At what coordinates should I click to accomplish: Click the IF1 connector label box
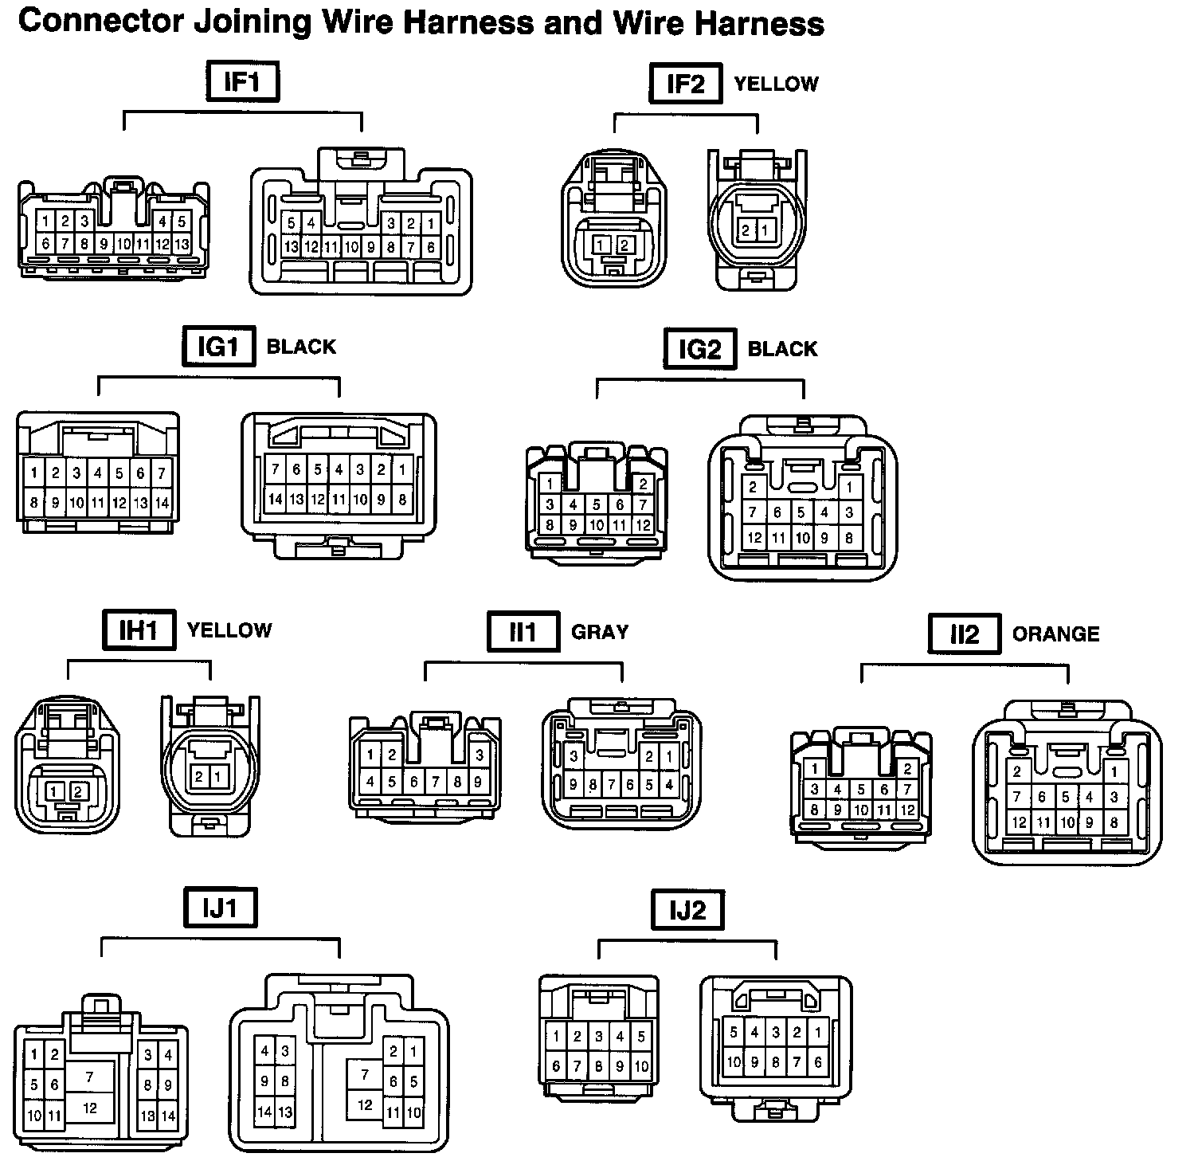(x=243, y=82)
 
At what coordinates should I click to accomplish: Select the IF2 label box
(x=685, y=84)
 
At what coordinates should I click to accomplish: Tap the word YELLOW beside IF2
(x=776, y=84)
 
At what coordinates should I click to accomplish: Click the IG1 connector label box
(x=218, y=347)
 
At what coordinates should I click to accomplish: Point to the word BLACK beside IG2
(x=782, y=349)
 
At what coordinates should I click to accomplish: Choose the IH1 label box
(x=139, y=630)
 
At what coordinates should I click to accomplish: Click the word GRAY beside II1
(x=600, y=633)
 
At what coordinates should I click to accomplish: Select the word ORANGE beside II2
(x=1055, y=634)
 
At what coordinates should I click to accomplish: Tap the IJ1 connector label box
(x=221, y=908)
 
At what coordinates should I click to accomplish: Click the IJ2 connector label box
(x=687, y=910)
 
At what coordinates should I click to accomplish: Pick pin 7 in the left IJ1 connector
(x=90, y=1077)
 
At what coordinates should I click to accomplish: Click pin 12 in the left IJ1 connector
(x=90, y=1108)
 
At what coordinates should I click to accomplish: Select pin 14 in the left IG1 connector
(x=162, y=503)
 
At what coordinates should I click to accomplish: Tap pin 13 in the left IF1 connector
(x=182, y=244)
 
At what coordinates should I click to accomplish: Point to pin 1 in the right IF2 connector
(x=765, y=231)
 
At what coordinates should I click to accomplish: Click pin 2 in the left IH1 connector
(x=78, y=791)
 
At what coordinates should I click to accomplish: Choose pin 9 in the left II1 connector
(x=478, y=783)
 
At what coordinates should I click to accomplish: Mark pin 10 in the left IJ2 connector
(x=641, y=1065)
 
